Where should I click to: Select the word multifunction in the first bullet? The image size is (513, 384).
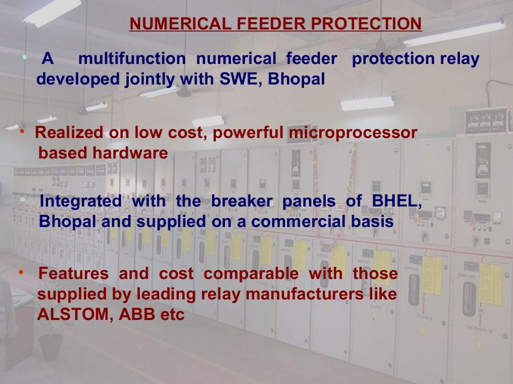pos(132,59)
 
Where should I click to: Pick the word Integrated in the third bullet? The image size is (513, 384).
pos(81,201)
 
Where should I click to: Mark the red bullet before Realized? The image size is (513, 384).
pos(22,131)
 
